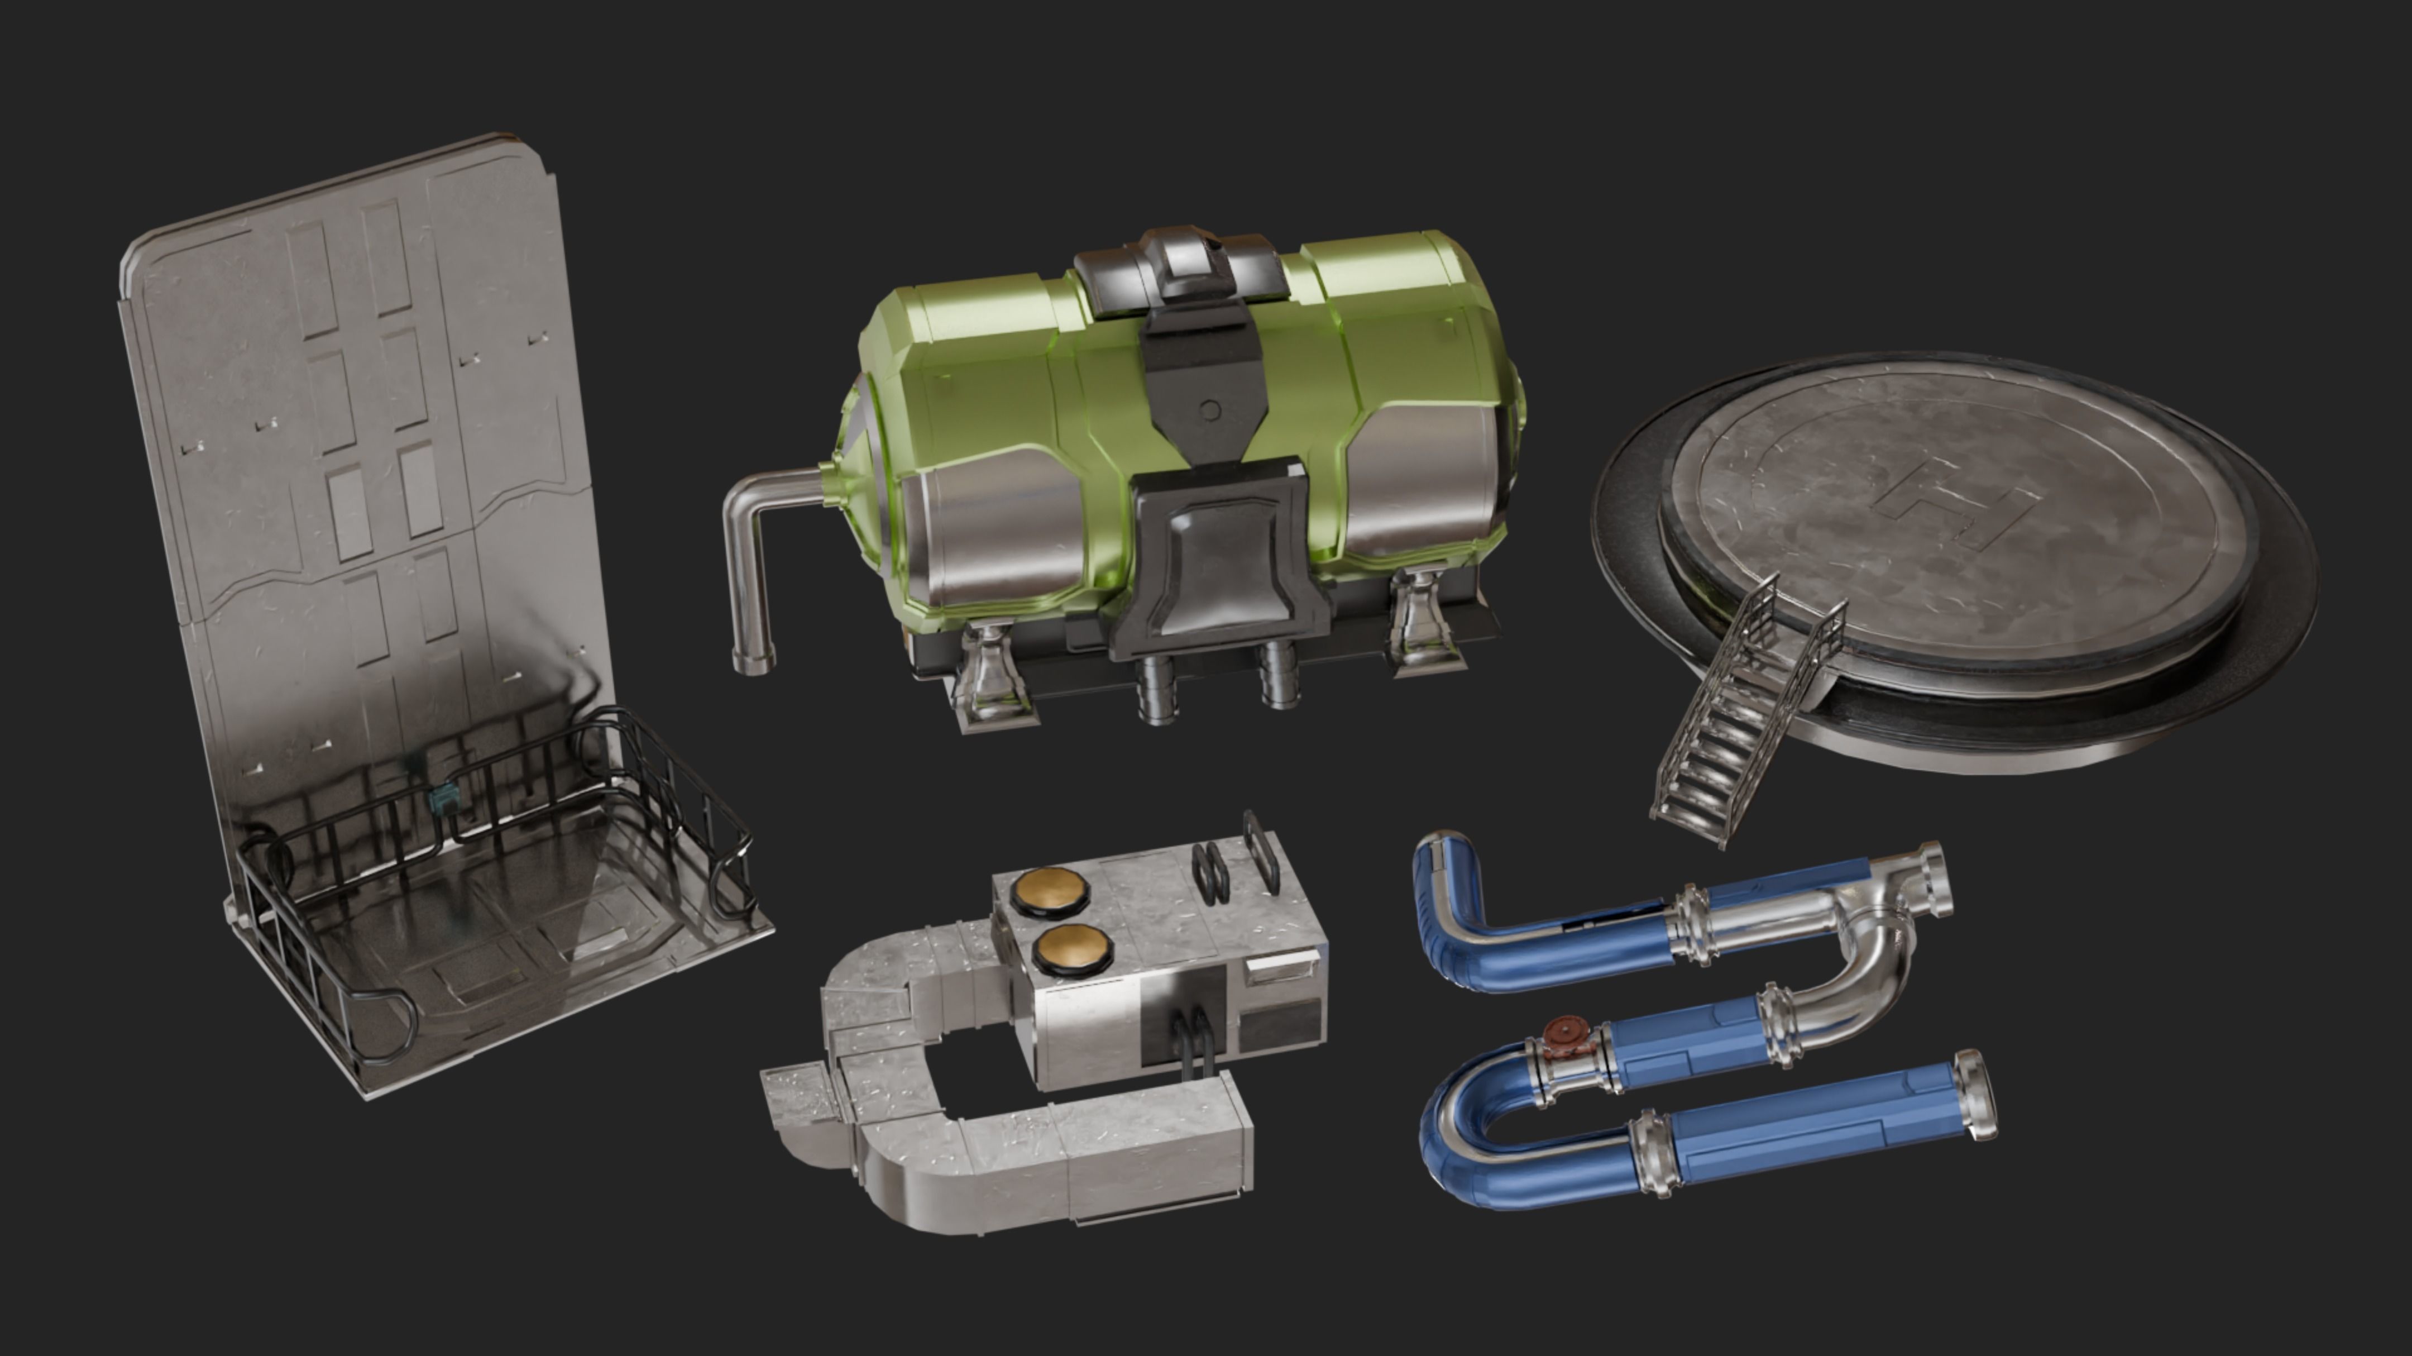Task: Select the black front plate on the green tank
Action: (1217, 562)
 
